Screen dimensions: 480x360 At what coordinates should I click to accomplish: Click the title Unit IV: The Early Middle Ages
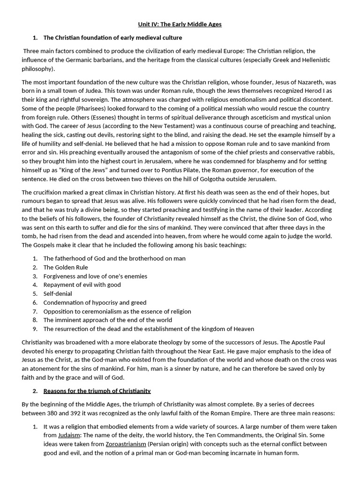click(x=180, y=24)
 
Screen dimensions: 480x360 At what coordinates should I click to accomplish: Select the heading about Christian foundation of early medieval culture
click(x=112, y=37)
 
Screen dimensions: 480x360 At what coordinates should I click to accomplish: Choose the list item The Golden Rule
click(x=66, y=267)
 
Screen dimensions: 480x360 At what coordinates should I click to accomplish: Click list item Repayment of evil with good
click(x=82, y=285)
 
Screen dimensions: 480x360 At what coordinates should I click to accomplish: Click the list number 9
click(x=35, y=329)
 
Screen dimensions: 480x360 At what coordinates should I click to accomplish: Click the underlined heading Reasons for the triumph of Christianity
click(x=97, y=390)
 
